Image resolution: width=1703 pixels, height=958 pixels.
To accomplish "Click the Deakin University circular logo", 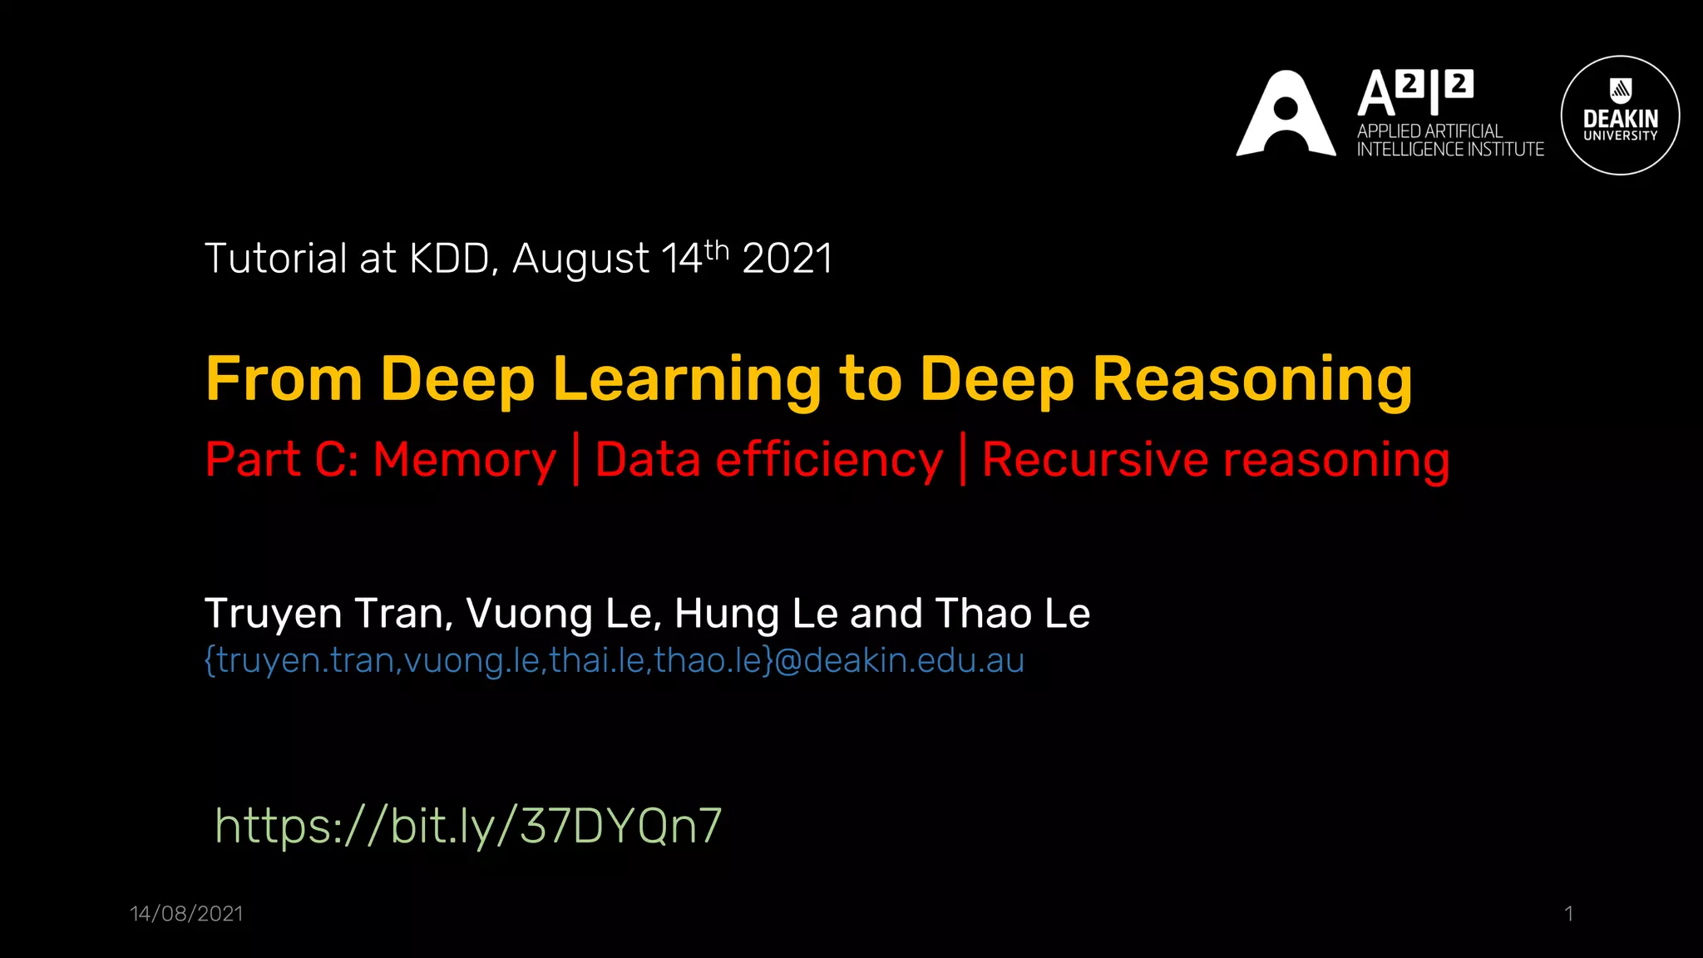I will (x=1620, y=116).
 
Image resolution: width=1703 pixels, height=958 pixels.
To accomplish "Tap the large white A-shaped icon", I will (x=1286, y=115).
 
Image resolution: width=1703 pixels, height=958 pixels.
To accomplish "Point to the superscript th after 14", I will (x=717, y=249).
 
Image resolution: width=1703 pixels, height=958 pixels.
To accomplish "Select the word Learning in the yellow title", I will (x=687, y=379).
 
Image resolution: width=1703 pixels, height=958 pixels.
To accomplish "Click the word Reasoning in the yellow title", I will (x=1251, y=379).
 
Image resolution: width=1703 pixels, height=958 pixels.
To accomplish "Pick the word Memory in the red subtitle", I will (x=464, y=460).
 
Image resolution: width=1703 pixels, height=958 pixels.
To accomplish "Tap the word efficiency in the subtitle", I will (x=829, y=460).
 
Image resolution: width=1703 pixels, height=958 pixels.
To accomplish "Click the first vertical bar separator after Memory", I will (x=576, y=460).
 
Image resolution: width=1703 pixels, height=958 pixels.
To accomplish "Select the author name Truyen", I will (x=274, y=614).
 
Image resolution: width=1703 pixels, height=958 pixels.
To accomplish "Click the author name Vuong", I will (x=529, y=614).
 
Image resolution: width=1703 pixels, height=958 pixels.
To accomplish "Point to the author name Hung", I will (x=727, y=614).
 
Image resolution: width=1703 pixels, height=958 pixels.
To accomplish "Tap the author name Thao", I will (x=983, y=614).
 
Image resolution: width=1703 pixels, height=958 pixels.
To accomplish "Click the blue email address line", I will (x=615, y=660).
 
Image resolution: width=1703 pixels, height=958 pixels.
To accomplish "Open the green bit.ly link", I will (x=468, y=826).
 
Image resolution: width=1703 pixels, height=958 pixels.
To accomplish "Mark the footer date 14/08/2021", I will (x=186, y=914).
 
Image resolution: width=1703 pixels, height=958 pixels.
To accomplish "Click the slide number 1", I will (x=1568, y=914).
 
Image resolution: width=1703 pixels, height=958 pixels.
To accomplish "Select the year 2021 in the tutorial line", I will (x=787, y=259).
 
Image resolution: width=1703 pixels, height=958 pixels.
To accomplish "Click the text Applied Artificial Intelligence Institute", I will (x=1449, y=141).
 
